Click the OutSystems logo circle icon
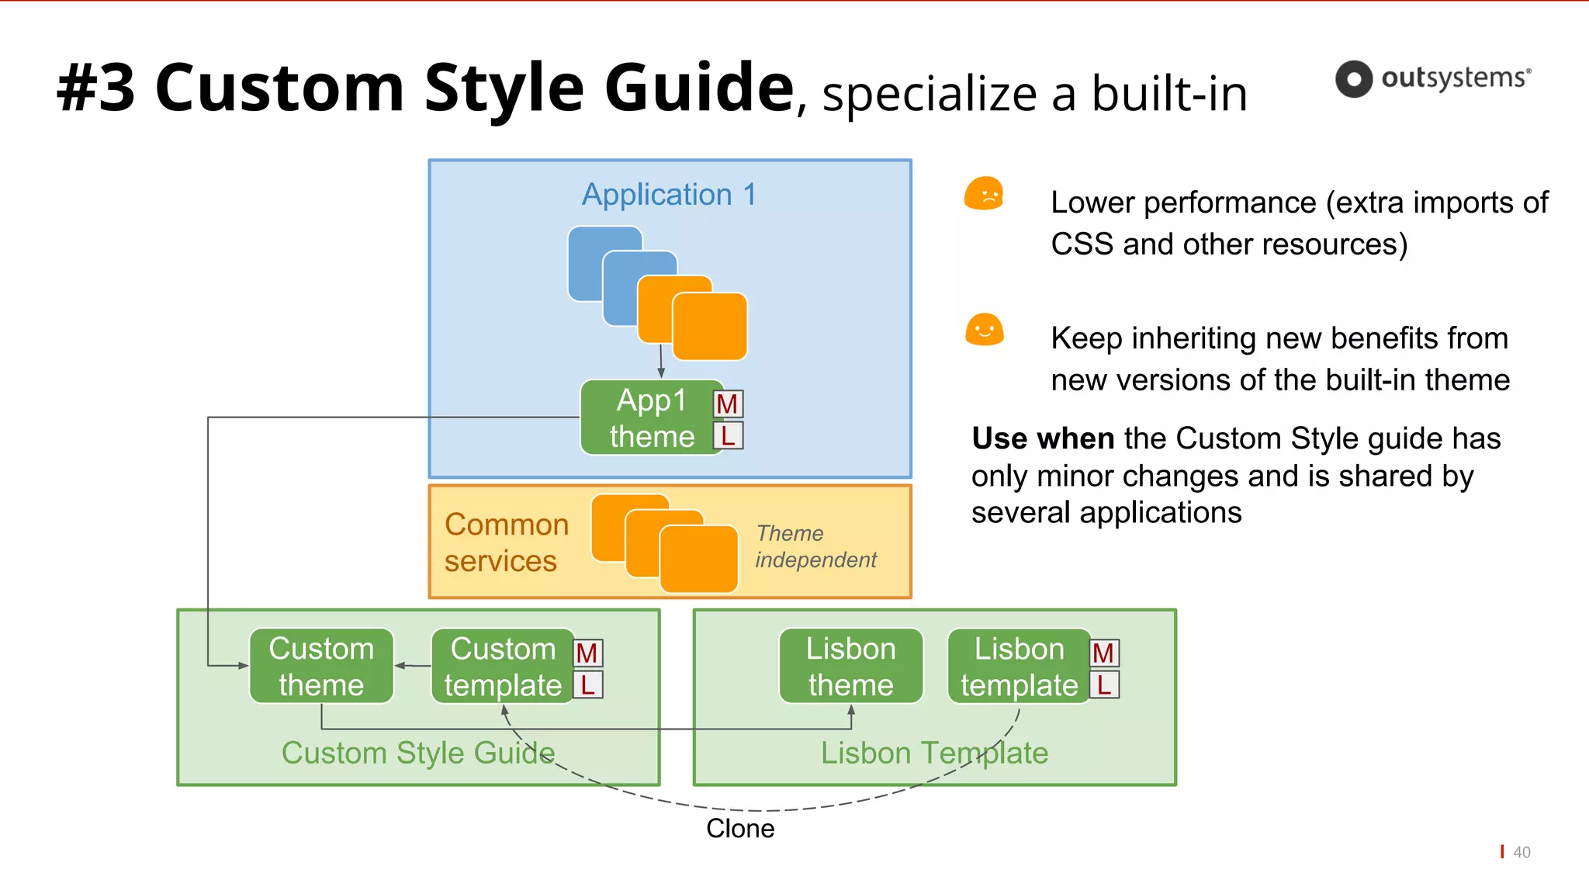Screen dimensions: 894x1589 (1354, 79)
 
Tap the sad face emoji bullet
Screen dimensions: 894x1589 (984, 194)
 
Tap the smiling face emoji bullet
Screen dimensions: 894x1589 (984, 330)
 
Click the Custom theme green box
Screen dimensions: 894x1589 (321, 667)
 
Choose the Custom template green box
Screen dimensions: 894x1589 (503, 667)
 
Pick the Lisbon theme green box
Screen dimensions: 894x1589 (850, 667)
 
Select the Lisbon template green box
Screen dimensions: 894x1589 (1018, 667)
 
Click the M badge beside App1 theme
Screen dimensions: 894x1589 (728, 404)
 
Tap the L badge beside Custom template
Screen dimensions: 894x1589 (588, 685)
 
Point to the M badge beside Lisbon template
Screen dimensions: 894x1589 (1103, 653)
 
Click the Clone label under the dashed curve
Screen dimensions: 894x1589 (740, 829)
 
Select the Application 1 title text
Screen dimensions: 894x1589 (669, 195)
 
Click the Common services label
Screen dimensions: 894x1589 (506, 542)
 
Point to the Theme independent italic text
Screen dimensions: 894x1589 (815, 546)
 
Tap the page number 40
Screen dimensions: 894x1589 (1521, 852)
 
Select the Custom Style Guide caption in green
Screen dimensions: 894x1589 (417, 754)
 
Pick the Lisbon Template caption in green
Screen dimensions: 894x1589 (934, 754)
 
